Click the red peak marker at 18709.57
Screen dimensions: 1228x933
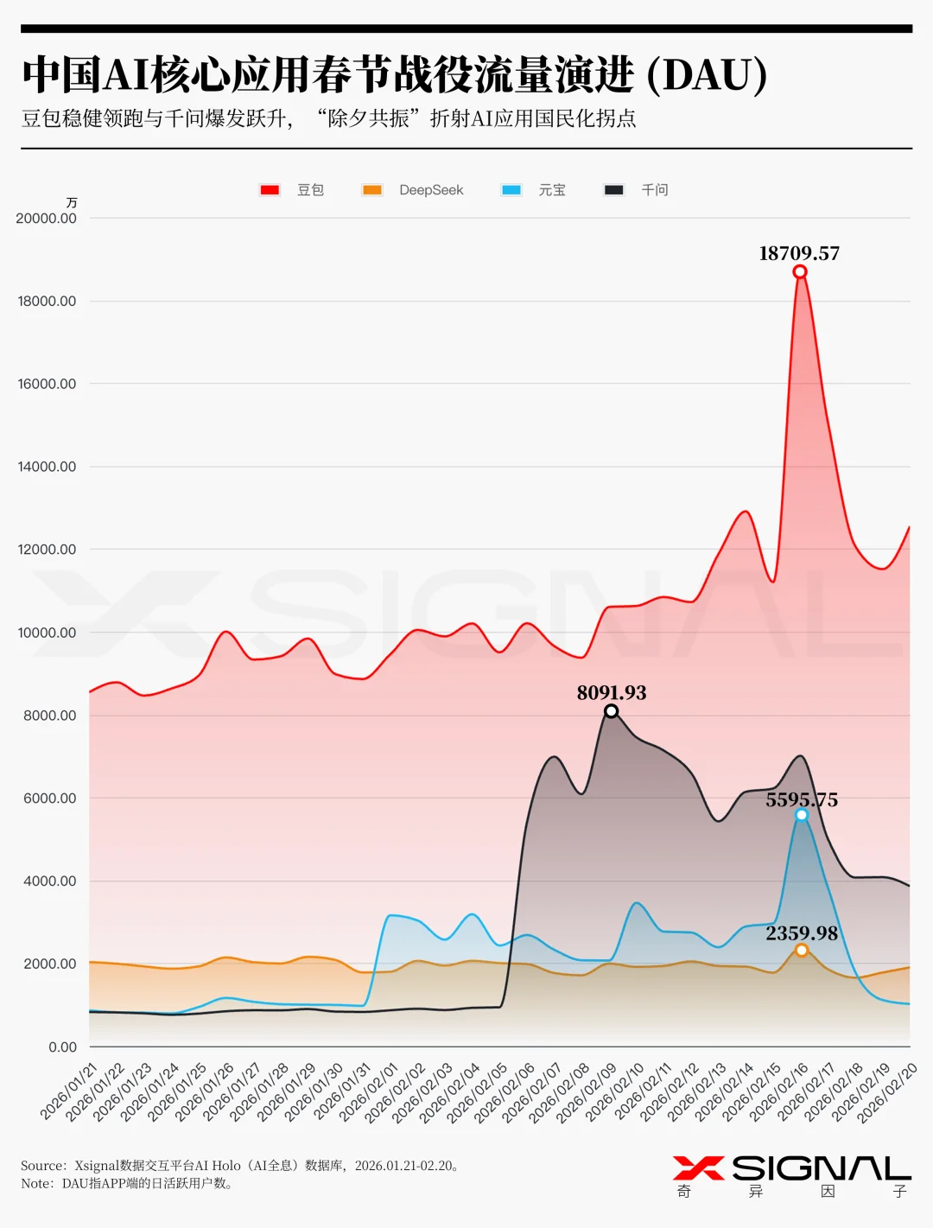pos(800,272)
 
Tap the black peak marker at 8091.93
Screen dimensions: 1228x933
pos(611,711)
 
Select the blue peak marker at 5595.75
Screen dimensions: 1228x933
pos(802,815)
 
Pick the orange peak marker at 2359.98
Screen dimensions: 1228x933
pos(802,950)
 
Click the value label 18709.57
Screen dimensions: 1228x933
pos(799,253)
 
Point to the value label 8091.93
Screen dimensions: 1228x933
pos(612,692)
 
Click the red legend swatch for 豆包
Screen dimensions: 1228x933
pos(270,190)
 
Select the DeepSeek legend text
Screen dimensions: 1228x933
pos(431,190)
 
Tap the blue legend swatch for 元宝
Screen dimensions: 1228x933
pos(511,190)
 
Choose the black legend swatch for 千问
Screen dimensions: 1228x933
pos(614,190)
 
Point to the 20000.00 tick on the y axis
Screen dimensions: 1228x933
pos(46,219)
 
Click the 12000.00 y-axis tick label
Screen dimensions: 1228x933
pos(47,550)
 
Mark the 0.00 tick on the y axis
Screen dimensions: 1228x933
pos(62,1047)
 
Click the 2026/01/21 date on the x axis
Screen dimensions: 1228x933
pos(70,1092)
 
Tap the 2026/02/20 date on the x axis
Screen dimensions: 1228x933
pos(888,1092)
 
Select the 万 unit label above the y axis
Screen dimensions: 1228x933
pos(72,202)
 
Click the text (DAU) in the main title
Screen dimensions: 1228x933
pos(707,75)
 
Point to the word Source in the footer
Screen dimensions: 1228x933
pos(42,1166)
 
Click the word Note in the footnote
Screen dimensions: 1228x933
pos(36,1184)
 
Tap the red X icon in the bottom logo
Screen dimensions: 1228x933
pos(698,1168)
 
